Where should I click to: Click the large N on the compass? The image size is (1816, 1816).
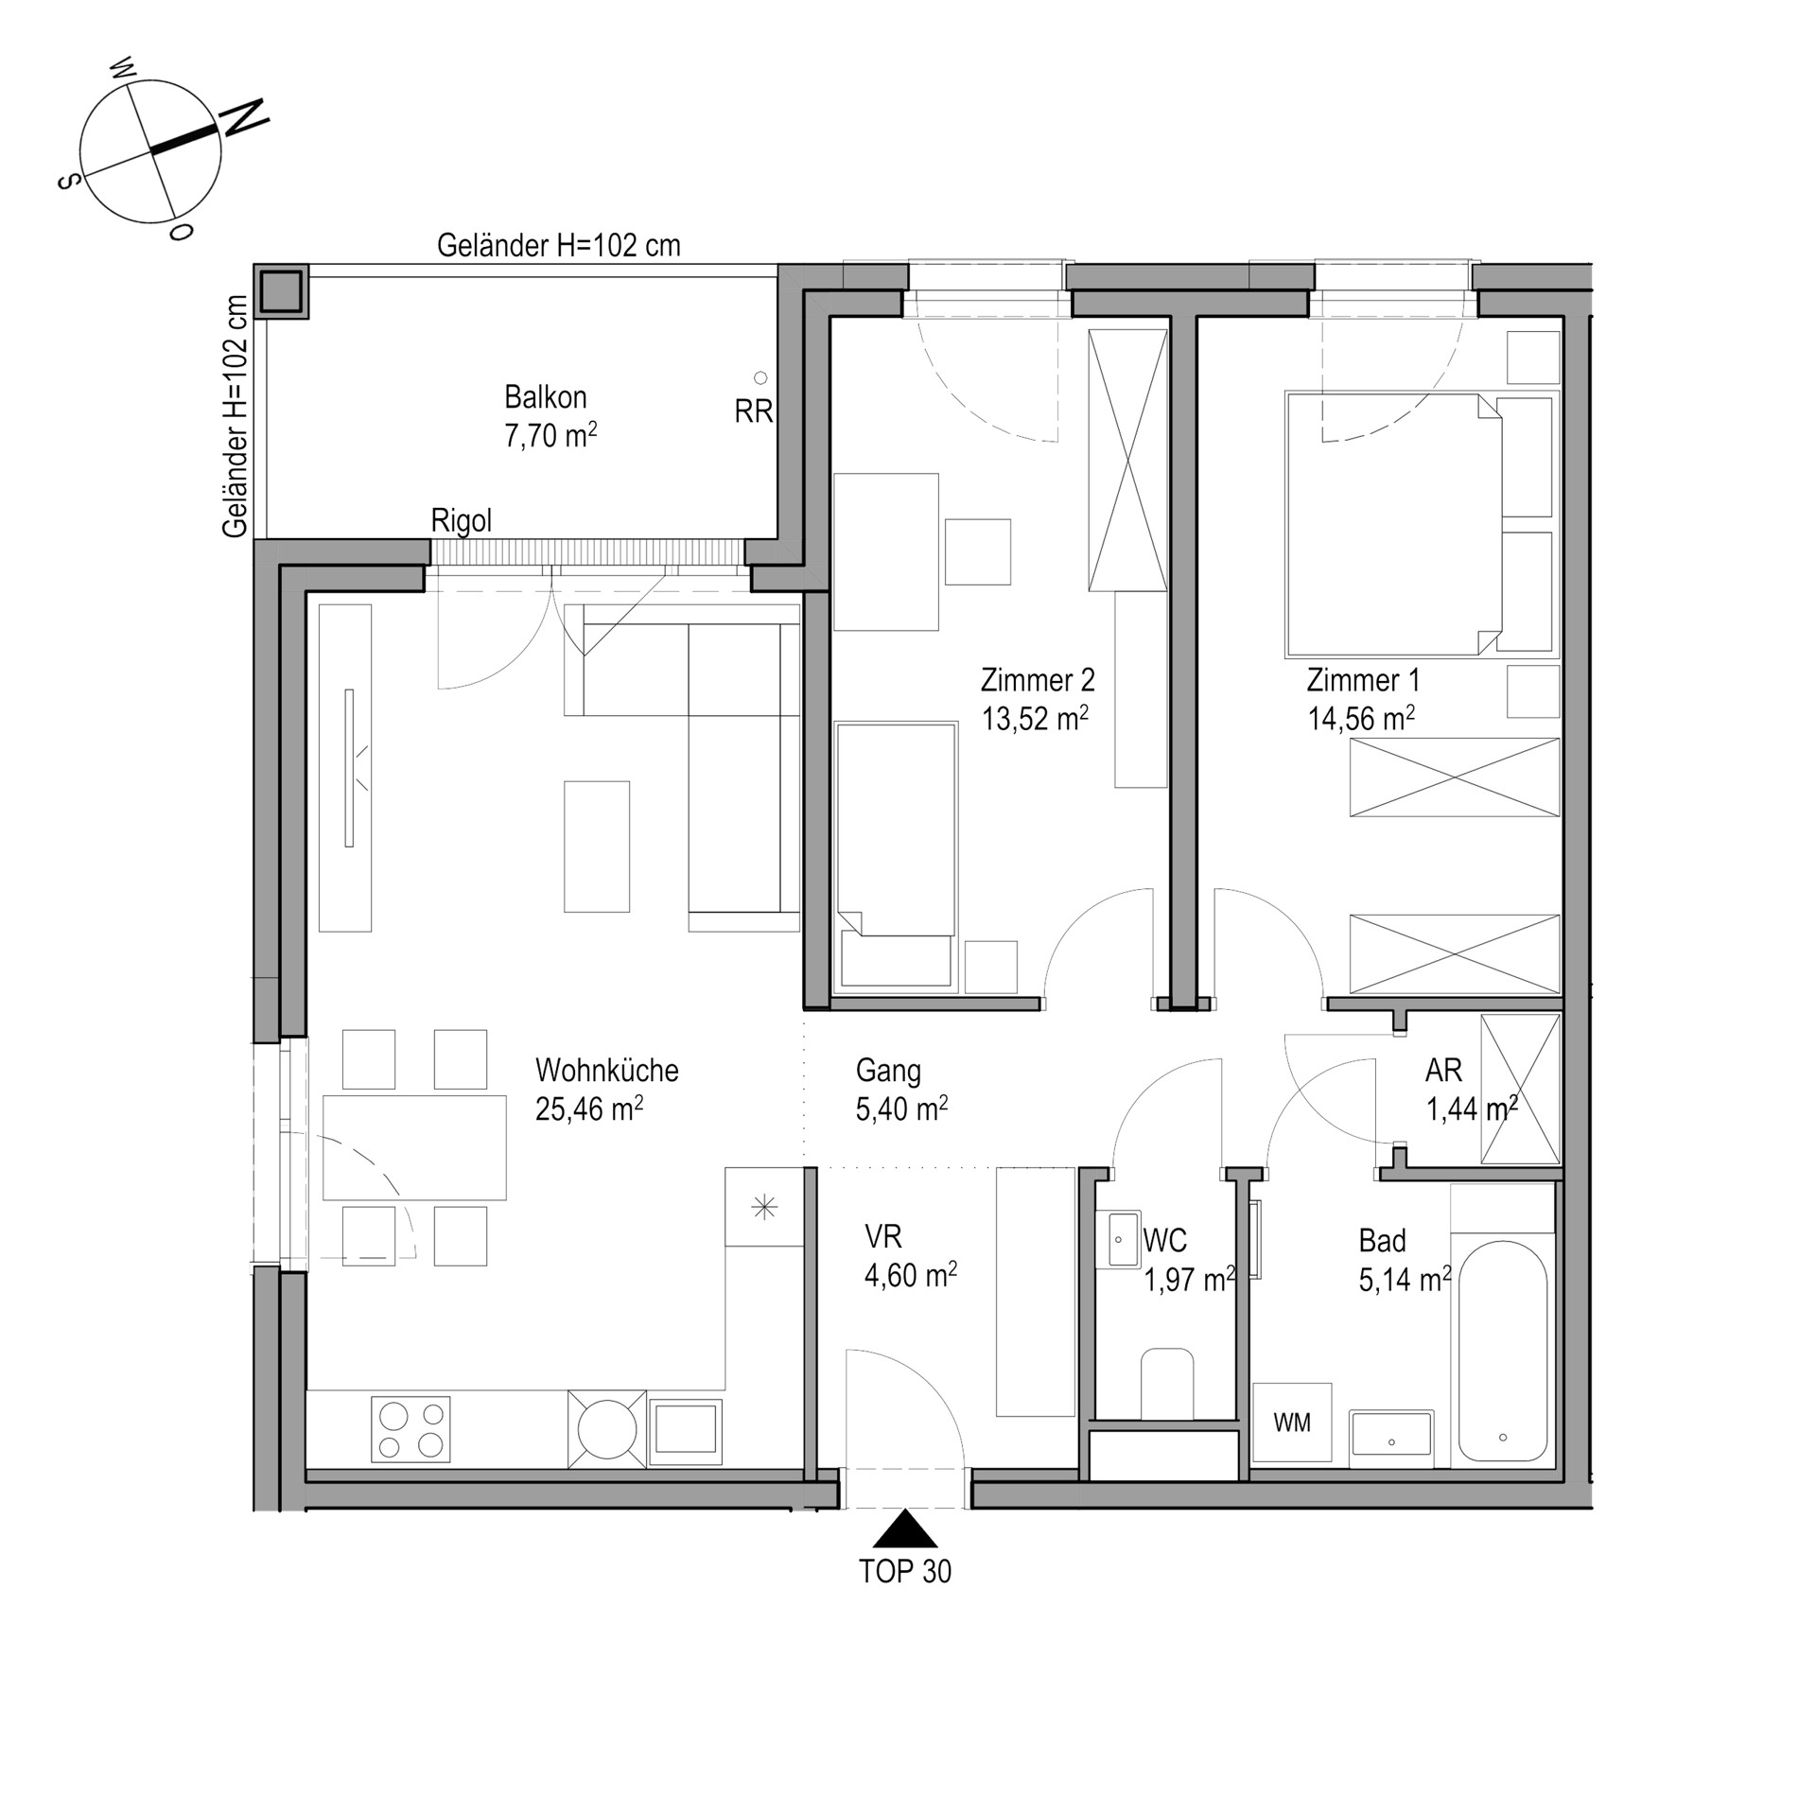pyautogui.click(x=244, y=117)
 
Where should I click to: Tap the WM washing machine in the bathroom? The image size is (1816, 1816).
pyautogui.click(x=1292, y=1423)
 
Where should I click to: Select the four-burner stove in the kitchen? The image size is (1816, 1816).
pyautogui.click(x=410, y=1429)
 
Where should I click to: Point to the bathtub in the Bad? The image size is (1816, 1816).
pyautogui.click(x=1502, y=1351)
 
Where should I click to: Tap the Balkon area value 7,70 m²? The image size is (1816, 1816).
pyautogui.click(x=550, y=435)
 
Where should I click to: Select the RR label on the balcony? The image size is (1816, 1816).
pyautogui.click(x=754, y=411)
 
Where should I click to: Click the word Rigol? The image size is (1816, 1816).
pyautogui.click(x=462, y=521)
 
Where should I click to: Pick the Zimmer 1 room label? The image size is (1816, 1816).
pyautogui.click(x=1363, y=680)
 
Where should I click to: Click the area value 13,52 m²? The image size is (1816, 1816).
pyautogui.click(x=1035, y=719)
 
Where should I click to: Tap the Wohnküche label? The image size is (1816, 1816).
pyautogui.click(x=607, y=1071)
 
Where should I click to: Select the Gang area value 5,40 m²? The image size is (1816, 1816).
pyautogui.click(x=902, y=1109)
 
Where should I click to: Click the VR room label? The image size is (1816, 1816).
pyautogui.click(x=883, y=1236)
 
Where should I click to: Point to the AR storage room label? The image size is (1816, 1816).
pyautogui.click(x=1443, y=1071)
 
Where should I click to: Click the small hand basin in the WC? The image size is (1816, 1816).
pyautogui.click(x=1123, y=1239)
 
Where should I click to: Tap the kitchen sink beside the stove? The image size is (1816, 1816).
pyautogui.click(x=686, y=1428)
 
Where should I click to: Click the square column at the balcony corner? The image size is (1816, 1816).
pyautogui.click(x=282, y=291)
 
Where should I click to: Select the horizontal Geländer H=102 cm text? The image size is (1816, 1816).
pyautogui.click(x=559, y=246)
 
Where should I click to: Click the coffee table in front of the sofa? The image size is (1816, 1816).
pyautogui.click(x=597, y=847)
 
